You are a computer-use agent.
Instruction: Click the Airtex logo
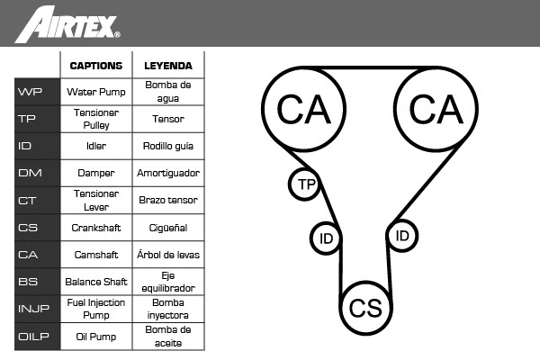tap(67, 24)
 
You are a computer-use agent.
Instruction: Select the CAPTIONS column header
tap(96, 66)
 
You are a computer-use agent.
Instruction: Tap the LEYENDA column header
tap(168, 66)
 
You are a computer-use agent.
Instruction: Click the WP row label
tap(30, 92)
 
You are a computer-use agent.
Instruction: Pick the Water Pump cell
tap(96, 92)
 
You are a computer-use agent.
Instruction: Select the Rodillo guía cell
tap(168, 146)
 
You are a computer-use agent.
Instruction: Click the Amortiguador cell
tap(168, 173)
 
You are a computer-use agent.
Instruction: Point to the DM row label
tap(30, 173)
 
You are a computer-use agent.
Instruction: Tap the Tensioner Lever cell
tap(96, 200)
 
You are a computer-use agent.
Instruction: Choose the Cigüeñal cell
tap(168, 228)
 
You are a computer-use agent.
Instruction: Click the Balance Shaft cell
tap(96, 282)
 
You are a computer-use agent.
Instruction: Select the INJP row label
tap(33, 309)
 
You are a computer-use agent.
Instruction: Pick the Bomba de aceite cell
tap(168, 337)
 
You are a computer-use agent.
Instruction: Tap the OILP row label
tap(33, 336)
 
